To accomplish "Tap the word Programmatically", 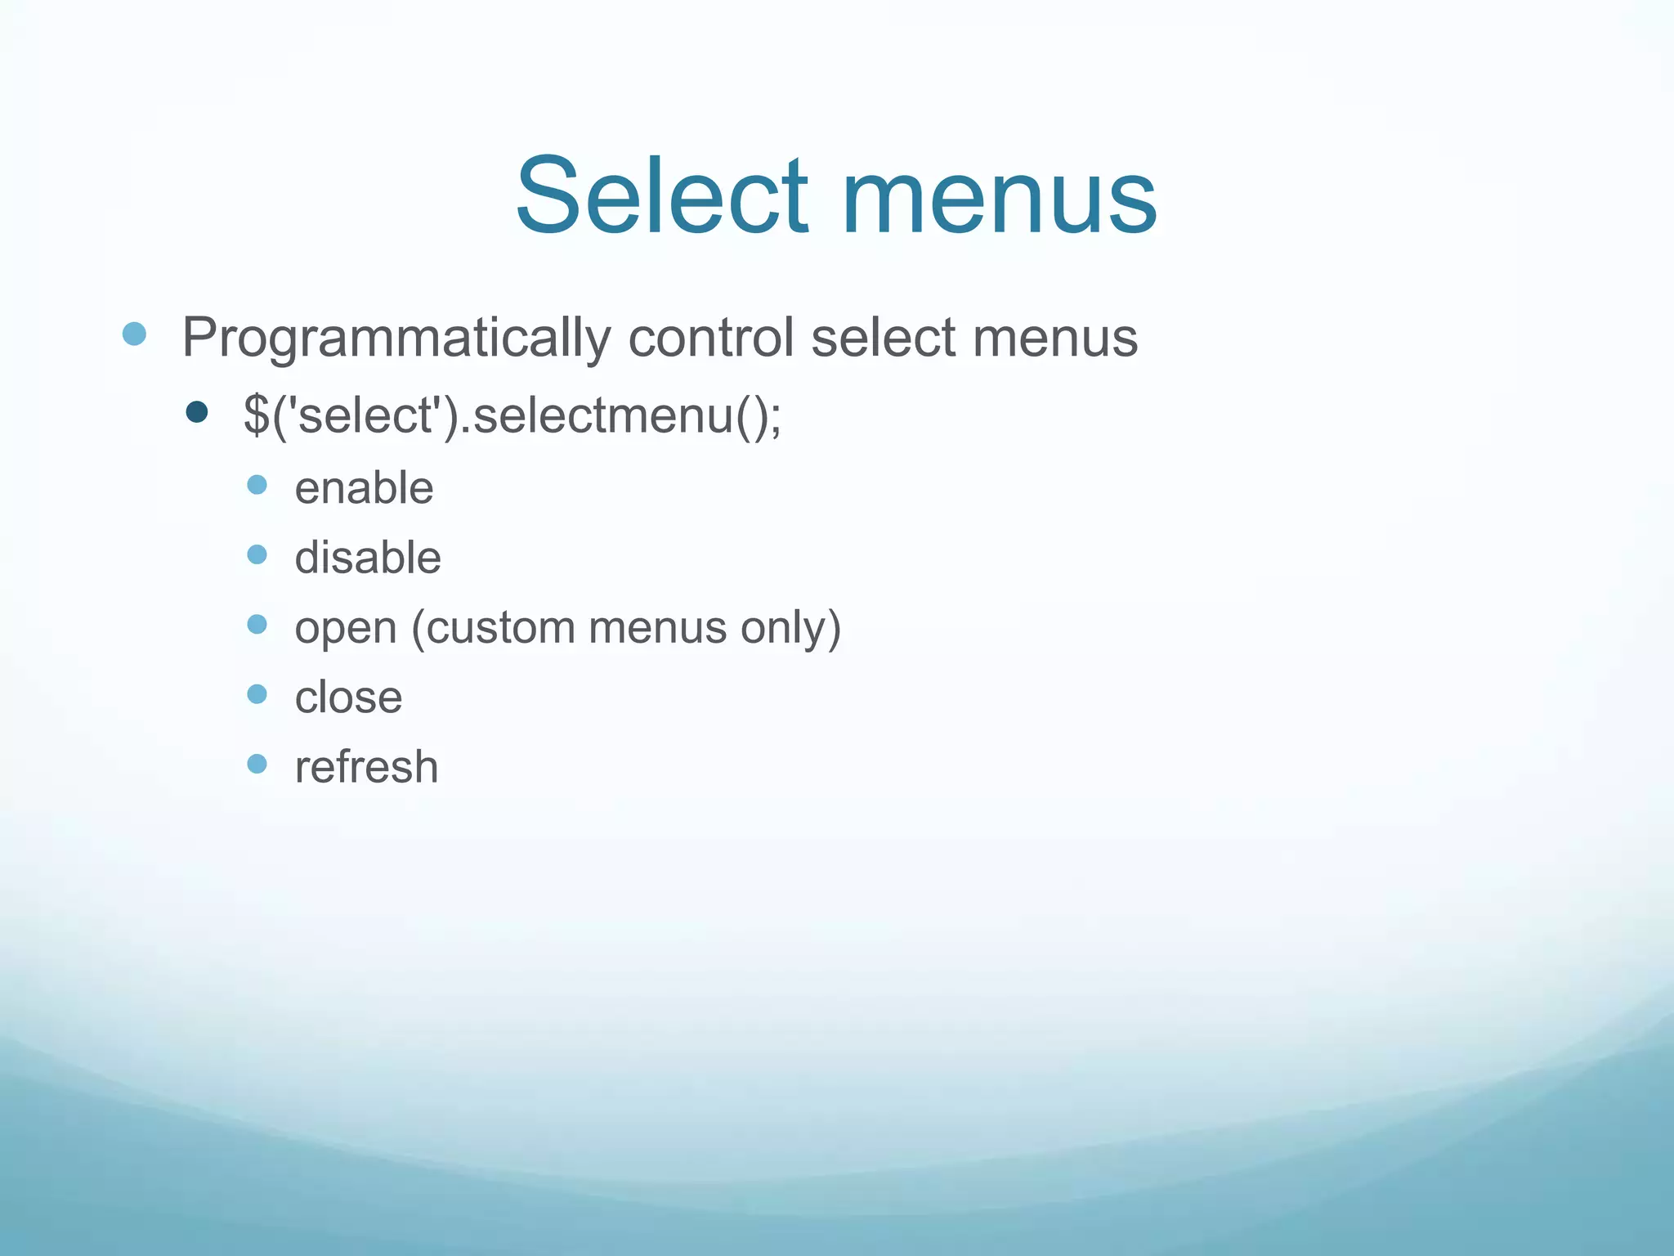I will pyautogui.click(x=396, y=337).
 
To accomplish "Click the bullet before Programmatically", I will pyautogui.click(x=134, y=334).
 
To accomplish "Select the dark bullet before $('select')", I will pyautogui.click(x=197, y=411).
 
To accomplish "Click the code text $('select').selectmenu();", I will pyautogui.click(x=512, y=415).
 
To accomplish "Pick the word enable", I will pyautogui.click(x=364, y=488).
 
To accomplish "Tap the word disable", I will pyautogui.click(x=368, y=558).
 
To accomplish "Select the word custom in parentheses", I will pyautogui.click(x=499, y=628).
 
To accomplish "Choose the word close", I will pyautogui.click(x=348, y=698).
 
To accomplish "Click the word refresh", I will pyautogui.click(x=366, y=767).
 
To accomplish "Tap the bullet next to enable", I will pyautogui.click(x=257, y=485).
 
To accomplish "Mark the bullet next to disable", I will pyautogui.click(x=257, y=554).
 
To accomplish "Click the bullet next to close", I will pyautogui.click(x=257, y=694).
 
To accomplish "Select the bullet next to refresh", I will pyautogui.click(x=257, y=764).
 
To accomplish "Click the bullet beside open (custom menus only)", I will pyautogui.click(x=257, y=625).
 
